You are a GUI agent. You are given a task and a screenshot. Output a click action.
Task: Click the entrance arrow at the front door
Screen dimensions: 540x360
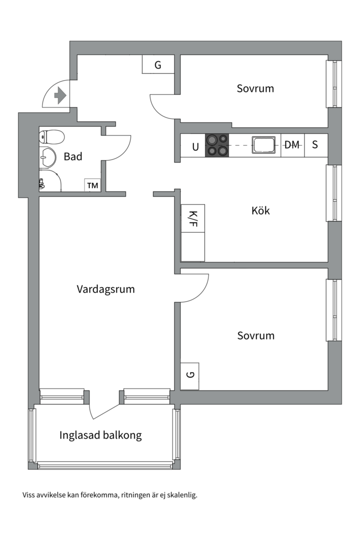(x=60, y=95)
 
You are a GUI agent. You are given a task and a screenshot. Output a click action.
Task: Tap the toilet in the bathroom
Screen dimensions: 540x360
(x=52, y=136)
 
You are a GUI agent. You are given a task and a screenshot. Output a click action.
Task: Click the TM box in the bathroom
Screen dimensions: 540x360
(x=92, y=185)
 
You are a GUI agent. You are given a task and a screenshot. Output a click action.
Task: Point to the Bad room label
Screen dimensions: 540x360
(x=73, y=156)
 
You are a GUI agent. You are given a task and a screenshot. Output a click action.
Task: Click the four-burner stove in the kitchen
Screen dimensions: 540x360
(x=217, y=145)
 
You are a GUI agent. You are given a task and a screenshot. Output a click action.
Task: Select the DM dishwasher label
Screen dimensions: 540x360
(x=292, y=145)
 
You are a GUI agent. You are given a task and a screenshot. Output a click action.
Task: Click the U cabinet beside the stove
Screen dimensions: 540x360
(x=195, y=146)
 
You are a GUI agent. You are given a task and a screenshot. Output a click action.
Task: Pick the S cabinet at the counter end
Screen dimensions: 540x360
(x=315, y=145)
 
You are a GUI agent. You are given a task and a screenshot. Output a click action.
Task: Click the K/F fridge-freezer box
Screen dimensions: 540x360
(x=193, y=219)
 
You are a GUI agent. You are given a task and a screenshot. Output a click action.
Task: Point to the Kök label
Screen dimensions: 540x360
(x=260, y=210)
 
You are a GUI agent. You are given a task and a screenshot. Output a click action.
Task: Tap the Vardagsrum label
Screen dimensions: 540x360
(x=105, y=289)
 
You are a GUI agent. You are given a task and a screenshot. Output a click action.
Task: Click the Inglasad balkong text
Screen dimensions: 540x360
(x=100, y=435)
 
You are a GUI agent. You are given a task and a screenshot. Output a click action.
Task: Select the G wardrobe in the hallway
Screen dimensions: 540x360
(x=157, y=64)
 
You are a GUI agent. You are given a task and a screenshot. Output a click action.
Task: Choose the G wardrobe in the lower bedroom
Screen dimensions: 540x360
(x=189, y=376)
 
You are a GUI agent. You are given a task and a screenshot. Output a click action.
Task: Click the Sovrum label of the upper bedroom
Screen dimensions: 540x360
(x=255, y=88)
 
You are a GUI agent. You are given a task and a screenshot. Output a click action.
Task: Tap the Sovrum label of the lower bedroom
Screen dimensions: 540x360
(x=255, y=335)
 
